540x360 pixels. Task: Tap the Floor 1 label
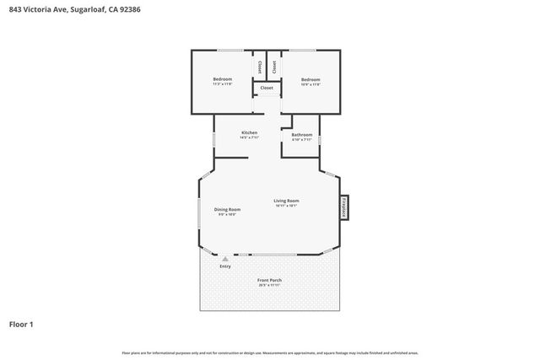click(x=20, y=324)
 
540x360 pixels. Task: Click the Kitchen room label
click(x=249, y=132)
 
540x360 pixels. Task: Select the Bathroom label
click(x=302, y=135)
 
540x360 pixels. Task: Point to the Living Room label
click(x=286, y=201)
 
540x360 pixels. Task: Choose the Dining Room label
click(x=227, y=209)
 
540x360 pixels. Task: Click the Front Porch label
click(x=270, y=280)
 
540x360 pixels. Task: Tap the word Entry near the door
click(x=225, y=266)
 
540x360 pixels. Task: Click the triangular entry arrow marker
click(x=225, y=259)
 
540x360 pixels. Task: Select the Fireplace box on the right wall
click(x=344, y=208)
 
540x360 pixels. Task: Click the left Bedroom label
click(x=222, y=79)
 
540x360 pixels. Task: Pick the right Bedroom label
click(x=310, y=79)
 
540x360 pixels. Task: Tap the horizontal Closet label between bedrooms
click(x=267, y=88)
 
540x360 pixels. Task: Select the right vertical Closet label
click(x=274, y=65)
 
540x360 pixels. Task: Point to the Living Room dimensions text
click(x=286, y=206)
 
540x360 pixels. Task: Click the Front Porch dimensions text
click(x=270, y=285)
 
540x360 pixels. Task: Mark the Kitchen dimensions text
click(x=249, y=137)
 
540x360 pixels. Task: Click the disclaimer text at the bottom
click(x=270, y=352)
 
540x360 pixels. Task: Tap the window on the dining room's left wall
click(x=199, y=212)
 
